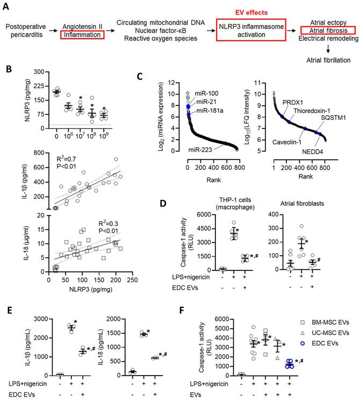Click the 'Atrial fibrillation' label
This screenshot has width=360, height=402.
tap(328, 61)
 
